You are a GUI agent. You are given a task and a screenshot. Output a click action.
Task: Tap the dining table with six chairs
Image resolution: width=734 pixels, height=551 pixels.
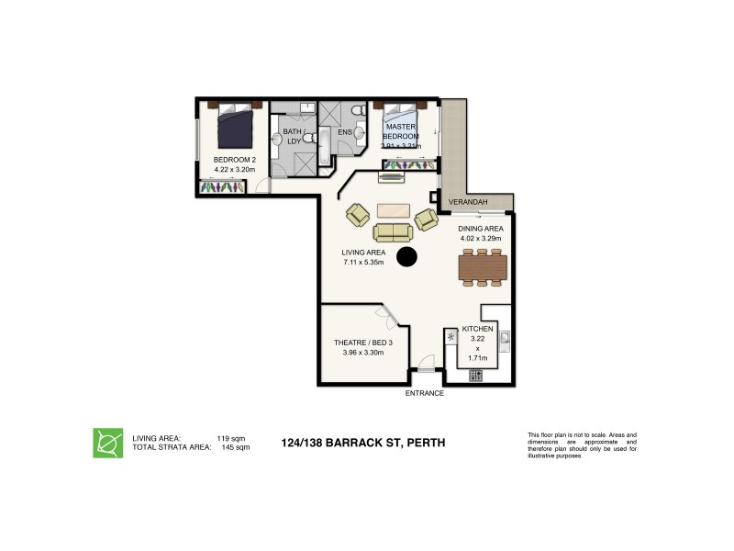point(482,266)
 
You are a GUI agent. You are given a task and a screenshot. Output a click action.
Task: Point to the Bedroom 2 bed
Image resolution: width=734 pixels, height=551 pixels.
point(236,127)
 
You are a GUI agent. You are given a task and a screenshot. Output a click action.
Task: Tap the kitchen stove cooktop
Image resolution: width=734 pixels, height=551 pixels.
point(475,375)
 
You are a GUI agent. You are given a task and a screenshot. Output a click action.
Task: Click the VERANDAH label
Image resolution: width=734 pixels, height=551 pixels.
point(466,203)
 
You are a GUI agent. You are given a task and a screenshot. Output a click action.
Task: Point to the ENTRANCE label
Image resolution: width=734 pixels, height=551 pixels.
point(425,393)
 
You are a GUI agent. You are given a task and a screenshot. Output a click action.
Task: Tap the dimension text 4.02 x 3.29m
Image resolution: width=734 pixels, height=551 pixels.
point(482,238)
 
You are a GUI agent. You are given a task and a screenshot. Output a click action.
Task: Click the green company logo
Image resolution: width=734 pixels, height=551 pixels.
point(108,442)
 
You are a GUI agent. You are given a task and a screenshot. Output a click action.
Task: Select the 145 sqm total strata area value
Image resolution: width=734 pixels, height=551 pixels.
point(236,447)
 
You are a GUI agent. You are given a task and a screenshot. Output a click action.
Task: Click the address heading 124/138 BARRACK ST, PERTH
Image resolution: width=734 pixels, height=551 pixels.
point(362,443)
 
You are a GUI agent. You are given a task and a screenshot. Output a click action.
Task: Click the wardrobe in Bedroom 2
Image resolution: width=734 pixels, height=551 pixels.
point(220,187)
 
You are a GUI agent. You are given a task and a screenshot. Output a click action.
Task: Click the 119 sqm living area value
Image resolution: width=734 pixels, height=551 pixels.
point(228,438)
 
